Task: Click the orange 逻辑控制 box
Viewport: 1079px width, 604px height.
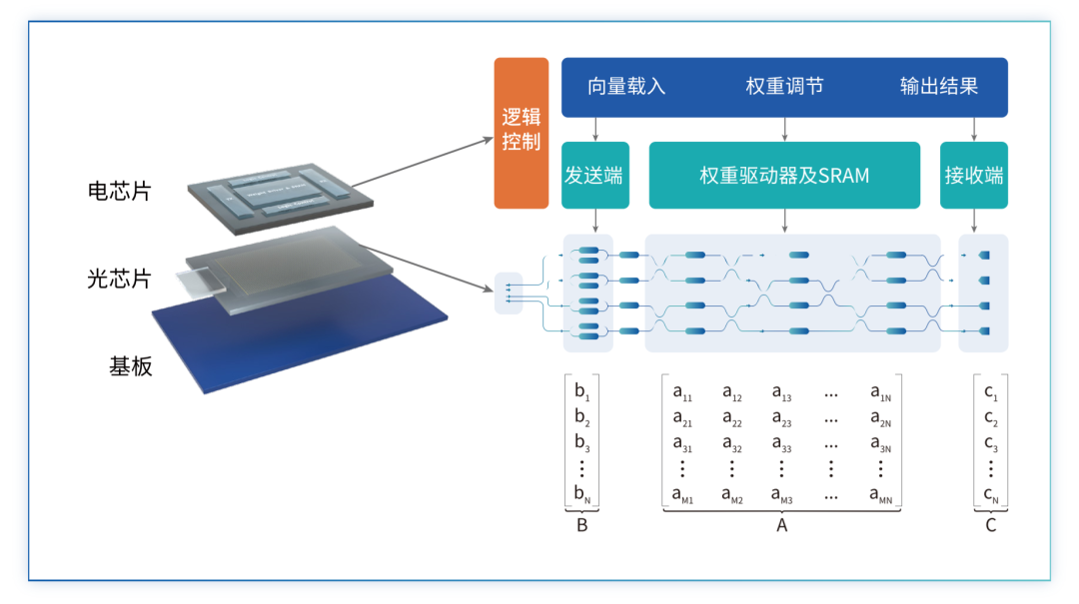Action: (x=521, y=132)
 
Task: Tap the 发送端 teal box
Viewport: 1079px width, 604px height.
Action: (x=594, y=175)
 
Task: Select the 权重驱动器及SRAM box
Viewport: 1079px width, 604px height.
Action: (x=784, y=175)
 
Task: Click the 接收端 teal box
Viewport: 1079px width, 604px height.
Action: (x=973, y=175)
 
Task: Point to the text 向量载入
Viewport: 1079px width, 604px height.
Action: (x=626, y=87)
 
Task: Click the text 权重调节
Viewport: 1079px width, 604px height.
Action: (x=784, y=87)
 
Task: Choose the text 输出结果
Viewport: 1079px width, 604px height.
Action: (x=938, y=87)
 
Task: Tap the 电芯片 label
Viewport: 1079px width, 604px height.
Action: (x=119, y=192)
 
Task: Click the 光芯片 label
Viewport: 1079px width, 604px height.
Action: (x=119, y=279)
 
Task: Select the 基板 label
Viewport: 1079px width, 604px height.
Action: (x=131, y=366)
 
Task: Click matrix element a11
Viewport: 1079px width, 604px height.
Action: (x=683, y=392)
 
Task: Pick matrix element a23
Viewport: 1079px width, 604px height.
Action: (x=781, y=419)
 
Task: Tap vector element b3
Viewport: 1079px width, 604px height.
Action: (x=582, y=442)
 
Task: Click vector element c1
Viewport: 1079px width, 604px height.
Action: (x=990, y=392)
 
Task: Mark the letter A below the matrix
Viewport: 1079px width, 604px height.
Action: (x=782, y=525)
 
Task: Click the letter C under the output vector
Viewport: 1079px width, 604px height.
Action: (x=991, y=525)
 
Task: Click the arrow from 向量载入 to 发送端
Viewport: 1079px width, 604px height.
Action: (x=595, y=129)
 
